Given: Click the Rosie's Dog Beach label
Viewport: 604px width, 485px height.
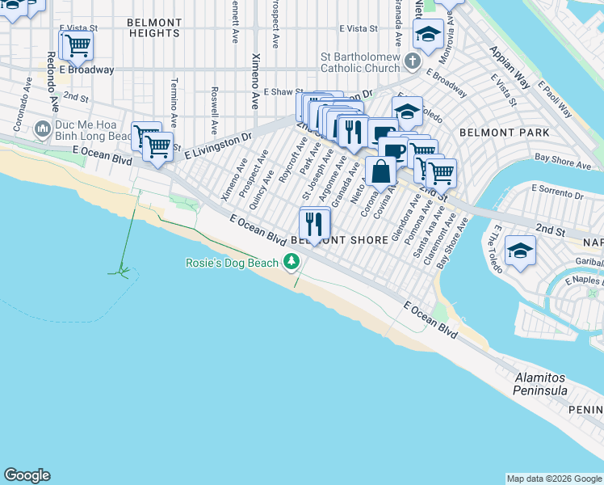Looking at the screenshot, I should (x=232, y=263).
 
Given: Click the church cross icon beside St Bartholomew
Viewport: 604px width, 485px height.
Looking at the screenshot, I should (x=412, y=61).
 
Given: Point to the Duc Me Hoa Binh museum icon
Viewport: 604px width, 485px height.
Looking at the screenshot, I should (x=43, y=129).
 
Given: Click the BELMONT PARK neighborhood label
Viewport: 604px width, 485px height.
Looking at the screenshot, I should (x=504, y=132).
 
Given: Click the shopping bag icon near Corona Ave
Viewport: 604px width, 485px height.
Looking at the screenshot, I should (x=380, y=171).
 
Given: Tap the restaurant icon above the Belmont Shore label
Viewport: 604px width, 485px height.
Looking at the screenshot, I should (x=315, y=222).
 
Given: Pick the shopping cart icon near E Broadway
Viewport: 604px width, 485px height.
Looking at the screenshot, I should (x=77, y=45).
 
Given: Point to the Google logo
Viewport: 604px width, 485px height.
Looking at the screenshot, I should (x=27, y=475).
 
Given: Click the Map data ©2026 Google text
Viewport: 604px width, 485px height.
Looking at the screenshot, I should (x=554, y=479).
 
